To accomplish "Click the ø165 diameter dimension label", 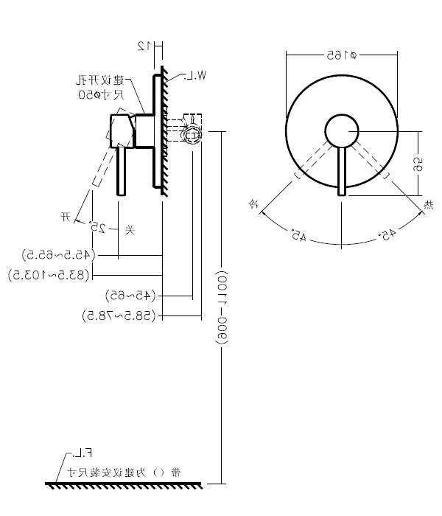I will [x=341, y=55].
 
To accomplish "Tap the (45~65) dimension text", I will [x=131, y=295].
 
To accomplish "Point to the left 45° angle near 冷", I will [x=298, y=237].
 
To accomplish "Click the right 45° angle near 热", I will [x=387, y=235].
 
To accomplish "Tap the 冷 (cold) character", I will [x=253, y=203].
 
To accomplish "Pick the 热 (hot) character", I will [x=428, y=204].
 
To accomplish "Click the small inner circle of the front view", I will [x=342, y=131].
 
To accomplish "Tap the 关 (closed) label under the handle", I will [x=130, y=229].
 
